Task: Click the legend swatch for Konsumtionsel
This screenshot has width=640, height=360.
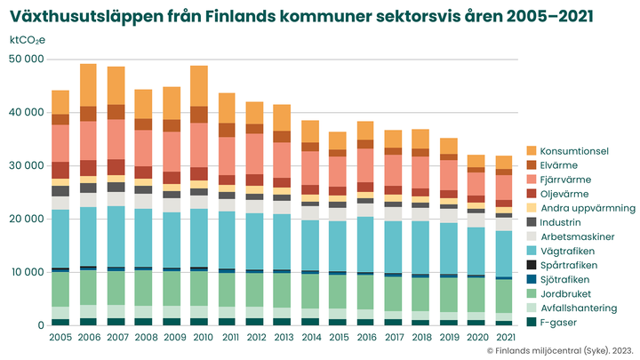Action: point(532,151)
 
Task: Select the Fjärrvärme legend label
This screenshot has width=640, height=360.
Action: point(569,180)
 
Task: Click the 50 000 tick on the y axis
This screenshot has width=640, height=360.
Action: point(27,60)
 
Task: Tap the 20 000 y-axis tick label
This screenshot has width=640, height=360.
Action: point(27,219)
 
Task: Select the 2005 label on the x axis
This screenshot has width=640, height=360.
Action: point(60,339)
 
